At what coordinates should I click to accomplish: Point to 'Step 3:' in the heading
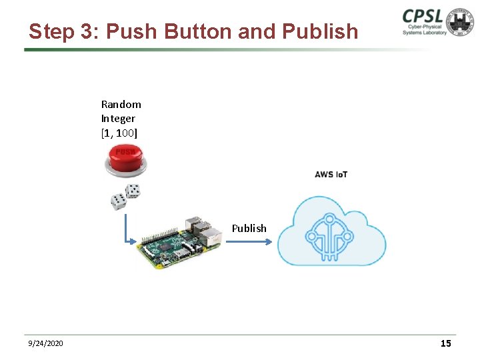coord(64,32)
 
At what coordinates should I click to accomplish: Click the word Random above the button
coord(121,104)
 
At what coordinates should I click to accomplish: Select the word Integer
coord(118,118)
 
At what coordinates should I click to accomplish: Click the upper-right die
coord(133,191)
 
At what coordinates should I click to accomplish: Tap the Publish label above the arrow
coord(249,228)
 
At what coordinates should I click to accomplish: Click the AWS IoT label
coord(331,175)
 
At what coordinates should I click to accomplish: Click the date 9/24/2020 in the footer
coord(45,343)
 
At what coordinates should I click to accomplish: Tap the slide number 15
coord(445,343)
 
